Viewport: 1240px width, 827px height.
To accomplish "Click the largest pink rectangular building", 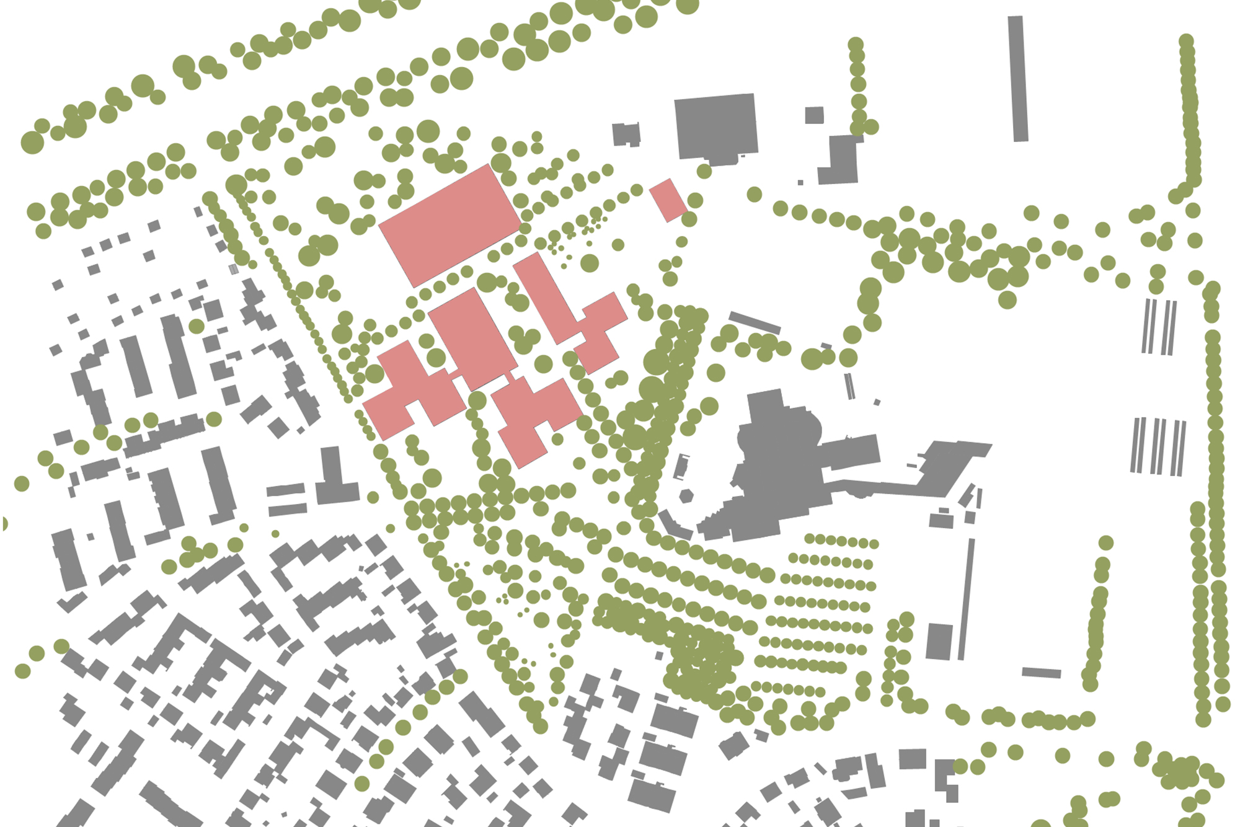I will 450,226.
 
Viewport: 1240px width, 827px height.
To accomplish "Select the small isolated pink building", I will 668,200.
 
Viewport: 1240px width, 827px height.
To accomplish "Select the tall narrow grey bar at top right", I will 1017,79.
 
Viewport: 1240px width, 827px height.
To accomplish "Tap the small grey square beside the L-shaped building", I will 814,115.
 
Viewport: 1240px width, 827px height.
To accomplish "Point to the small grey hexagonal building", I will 686,496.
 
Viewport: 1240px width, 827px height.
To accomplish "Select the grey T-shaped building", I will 334,480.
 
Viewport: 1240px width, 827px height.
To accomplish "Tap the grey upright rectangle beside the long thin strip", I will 939,641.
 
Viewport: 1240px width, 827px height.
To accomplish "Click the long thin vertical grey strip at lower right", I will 966,598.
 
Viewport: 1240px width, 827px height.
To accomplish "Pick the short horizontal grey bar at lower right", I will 1041,673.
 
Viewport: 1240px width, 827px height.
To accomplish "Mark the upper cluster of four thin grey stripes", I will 1159,327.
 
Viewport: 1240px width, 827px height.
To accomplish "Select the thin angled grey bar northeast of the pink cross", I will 754,323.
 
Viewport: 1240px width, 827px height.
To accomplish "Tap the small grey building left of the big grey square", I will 626,135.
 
